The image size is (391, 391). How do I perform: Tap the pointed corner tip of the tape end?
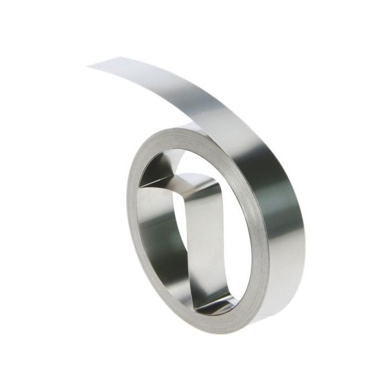(88, 66)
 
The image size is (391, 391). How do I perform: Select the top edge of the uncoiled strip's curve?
(184, 61)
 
